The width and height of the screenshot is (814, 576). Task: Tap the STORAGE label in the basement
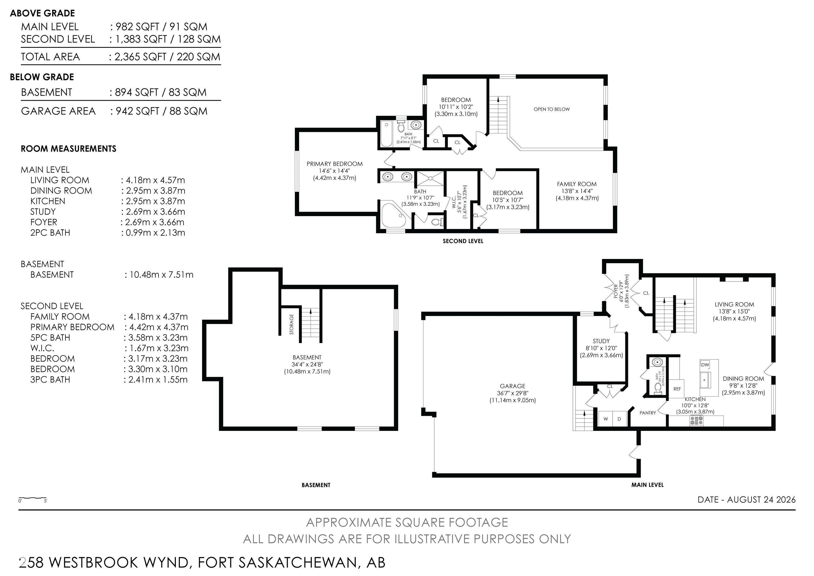[x=291, y=324]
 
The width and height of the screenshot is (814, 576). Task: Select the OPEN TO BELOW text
[x=551, y=109]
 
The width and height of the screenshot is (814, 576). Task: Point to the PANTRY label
[x=648, y=413]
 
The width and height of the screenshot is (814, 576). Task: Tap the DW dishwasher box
[x=705, y=365]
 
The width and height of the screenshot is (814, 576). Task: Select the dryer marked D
[x=619, y=419]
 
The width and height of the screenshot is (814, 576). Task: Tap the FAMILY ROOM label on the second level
[x=577, y=184]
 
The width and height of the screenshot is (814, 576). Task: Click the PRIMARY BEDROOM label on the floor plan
[x=334, y=164]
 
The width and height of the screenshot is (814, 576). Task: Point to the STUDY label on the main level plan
[x=601, y=341]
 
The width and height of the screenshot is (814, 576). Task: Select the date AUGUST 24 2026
[x=761, y=499]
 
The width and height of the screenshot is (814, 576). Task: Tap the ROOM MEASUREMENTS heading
[x=68, y=149]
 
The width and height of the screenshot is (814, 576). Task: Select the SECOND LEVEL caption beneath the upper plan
[x=463, y=241]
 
